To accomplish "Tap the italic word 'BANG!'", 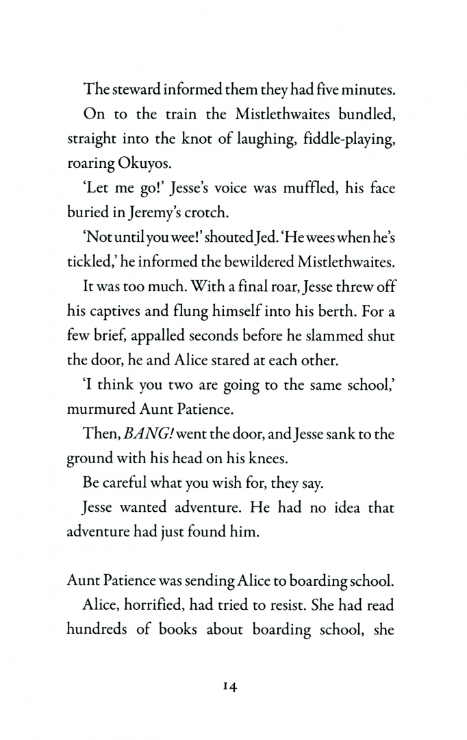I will pos(146,449).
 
